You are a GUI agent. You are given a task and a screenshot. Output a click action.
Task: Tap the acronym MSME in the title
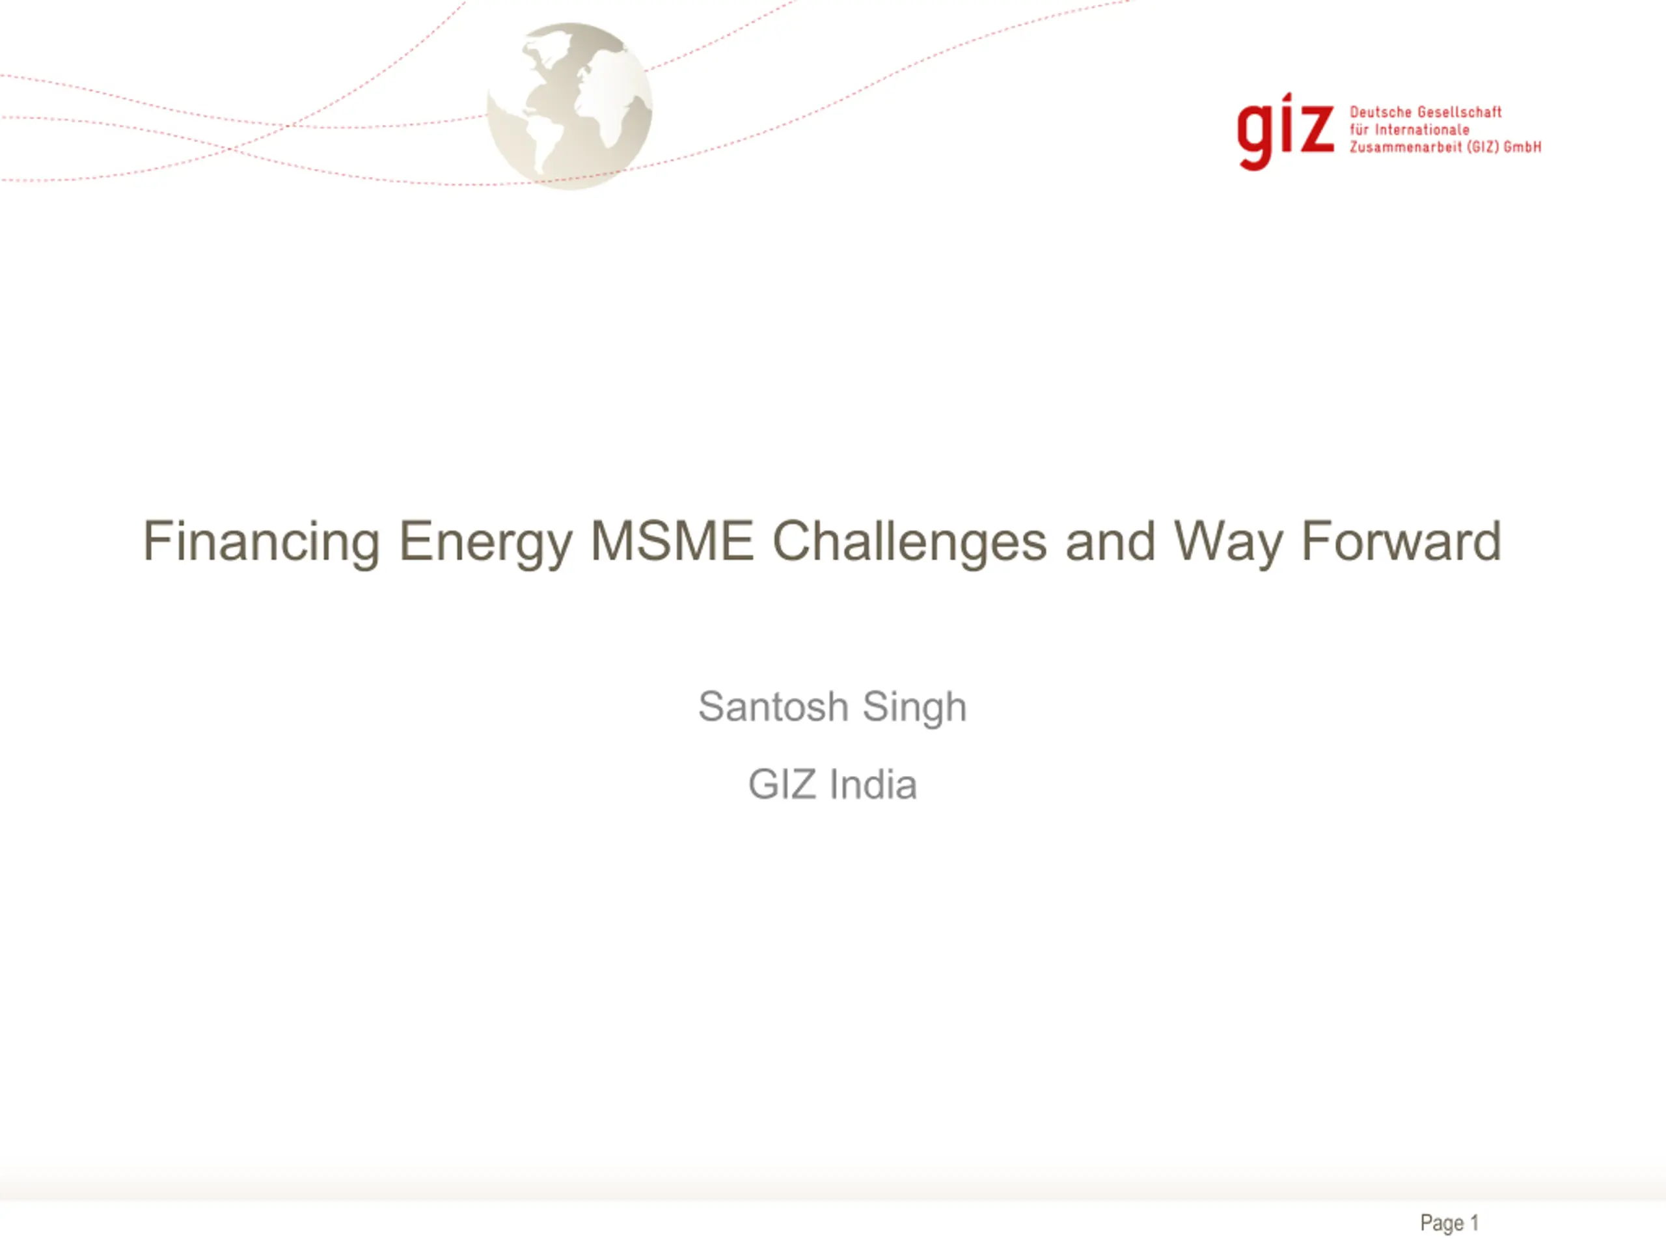coord(672,540)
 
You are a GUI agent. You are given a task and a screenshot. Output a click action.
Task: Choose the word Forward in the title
coord(1402,540)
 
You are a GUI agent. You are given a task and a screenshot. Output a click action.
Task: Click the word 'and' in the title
coord(1110,540)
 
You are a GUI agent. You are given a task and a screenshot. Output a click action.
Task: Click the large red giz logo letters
coord(1285,131)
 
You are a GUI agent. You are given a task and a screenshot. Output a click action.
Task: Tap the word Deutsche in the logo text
coord(1379,112)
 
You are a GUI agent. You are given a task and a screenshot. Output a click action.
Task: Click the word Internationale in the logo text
coord(1422,130)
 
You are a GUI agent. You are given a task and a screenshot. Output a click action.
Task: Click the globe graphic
coord(569,105)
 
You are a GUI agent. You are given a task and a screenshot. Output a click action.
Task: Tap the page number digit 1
coord(1474,1222)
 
